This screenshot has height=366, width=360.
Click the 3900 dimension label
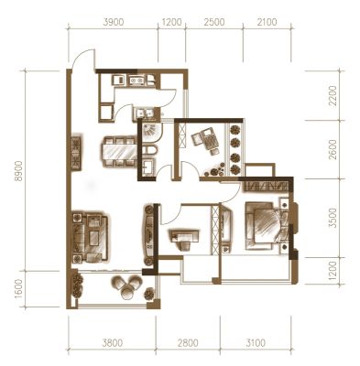pos(114,22)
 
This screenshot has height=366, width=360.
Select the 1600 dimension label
pos(19,289)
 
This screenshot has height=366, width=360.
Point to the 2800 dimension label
pos(188,343)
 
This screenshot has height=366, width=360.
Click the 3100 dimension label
pos(255,343)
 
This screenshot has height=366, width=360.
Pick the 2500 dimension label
pos(214,22)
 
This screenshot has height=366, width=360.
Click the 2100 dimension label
pos(267,22)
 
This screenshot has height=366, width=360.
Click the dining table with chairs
pos(119,152)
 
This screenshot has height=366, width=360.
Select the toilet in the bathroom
pos(150,151)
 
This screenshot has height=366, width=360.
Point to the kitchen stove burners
pos(136,81)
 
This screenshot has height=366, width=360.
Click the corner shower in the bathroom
pos(151,133)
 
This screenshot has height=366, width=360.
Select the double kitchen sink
pos(145,113)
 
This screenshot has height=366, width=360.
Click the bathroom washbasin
pos(148,167)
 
